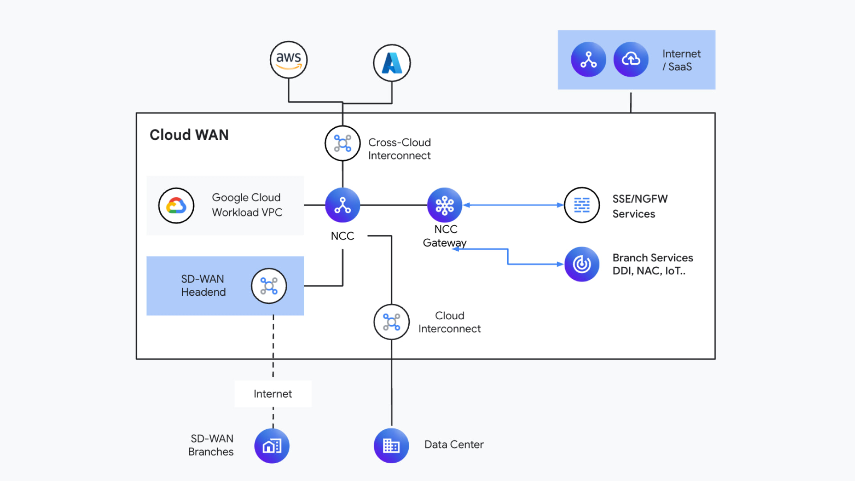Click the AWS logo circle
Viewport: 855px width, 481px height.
(289, 60)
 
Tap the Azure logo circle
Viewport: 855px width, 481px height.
(392, 63)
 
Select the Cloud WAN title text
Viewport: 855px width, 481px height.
(189, 135)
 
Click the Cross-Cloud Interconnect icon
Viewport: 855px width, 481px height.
(342, 143)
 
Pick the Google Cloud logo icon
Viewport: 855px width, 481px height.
(176, 205)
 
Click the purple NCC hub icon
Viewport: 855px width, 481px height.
(342, 205)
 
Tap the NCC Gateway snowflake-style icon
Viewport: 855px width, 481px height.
(444, 205)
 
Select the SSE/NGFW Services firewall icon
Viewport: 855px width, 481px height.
(582, 205)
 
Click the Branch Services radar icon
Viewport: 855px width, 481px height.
(582, 264)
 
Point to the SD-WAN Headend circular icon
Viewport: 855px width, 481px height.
(269, 286)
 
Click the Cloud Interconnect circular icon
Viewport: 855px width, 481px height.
(391, 322)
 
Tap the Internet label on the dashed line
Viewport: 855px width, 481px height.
(273, 394)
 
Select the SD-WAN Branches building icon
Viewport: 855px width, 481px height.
(272, 446)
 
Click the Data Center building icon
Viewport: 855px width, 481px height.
(391, 446)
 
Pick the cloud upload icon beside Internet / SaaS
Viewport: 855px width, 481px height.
(631, 59)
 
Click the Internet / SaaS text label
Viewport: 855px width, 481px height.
(681, 60)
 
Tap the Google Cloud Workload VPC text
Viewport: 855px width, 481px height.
(247, 205)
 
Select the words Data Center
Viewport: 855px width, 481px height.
(454, 444)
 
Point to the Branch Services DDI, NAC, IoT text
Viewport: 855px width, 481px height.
(652, 264)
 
